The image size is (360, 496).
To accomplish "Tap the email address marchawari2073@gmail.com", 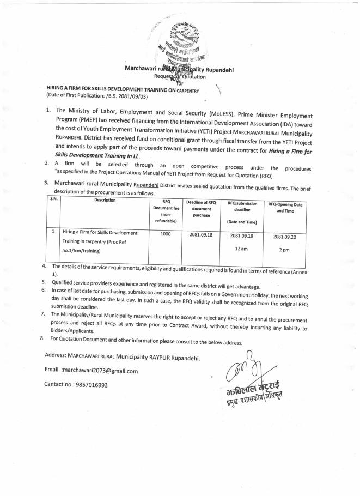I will pos(100,371).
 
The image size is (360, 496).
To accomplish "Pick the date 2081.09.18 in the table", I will pos(201,234).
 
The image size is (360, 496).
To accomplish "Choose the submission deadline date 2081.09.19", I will pos(241,236).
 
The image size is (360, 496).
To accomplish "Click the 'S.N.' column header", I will pos(54,199).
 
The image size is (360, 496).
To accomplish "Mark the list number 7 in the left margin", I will pos(43,315).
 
